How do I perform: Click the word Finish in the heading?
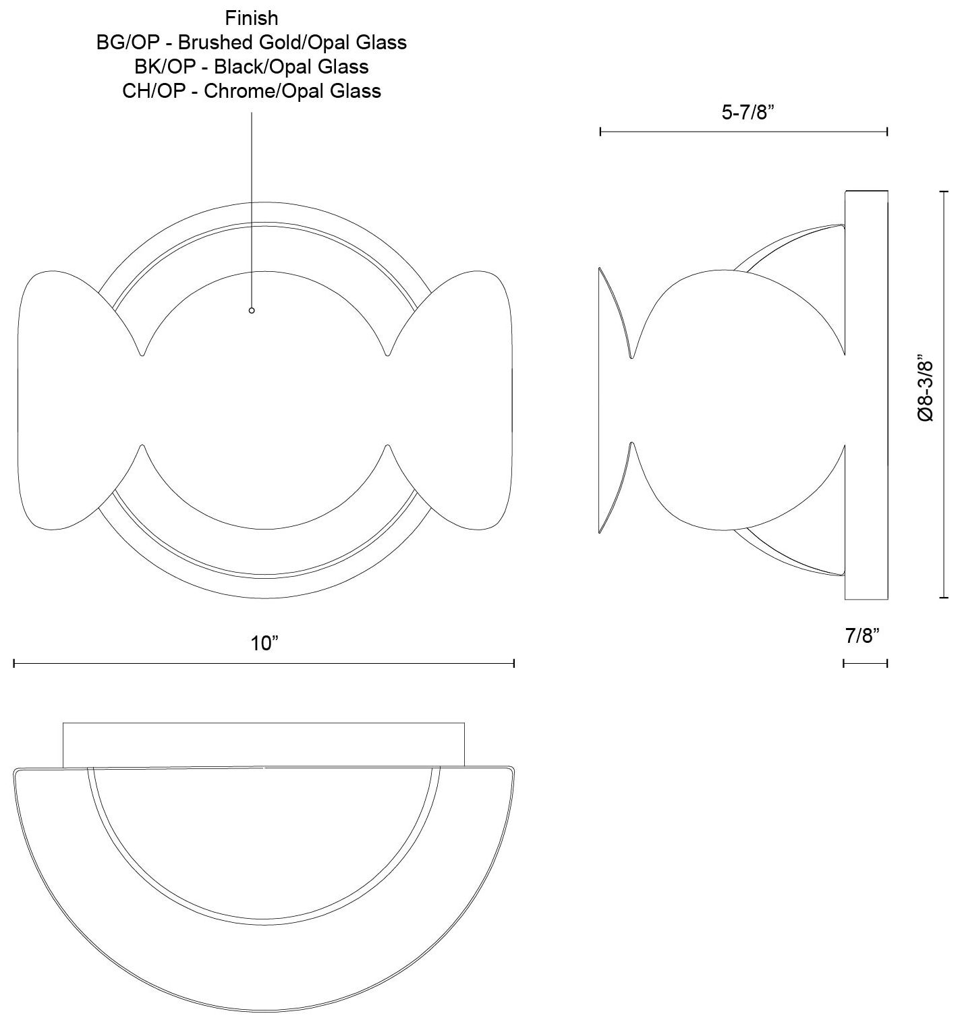point(252,18)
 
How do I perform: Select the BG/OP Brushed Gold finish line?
point(252,42)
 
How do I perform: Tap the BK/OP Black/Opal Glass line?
point(252,66)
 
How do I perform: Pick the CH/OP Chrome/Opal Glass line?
point(252,90)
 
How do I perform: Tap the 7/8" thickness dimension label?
point(863,635)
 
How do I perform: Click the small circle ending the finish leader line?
point(252,310)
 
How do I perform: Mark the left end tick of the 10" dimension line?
point(14,664)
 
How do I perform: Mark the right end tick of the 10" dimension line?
point(514,664)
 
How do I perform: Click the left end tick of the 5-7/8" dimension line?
point(600,132)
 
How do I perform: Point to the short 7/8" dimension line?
point(865,664)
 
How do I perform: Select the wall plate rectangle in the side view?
point(866,395)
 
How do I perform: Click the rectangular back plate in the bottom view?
point(263,745)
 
